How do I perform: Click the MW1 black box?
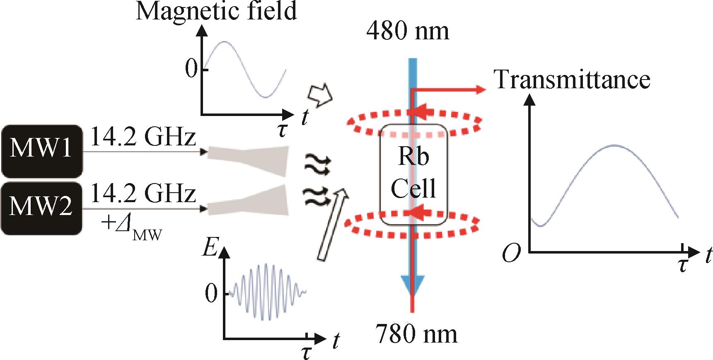tap(41, 151)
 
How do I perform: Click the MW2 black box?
tap(41, 209)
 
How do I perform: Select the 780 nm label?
tap(416, 334)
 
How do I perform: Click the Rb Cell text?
tap(413, 174)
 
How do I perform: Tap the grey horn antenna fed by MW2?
tap(247, 200)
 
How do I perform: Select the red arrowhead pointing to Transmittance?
tap(480, 89)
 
